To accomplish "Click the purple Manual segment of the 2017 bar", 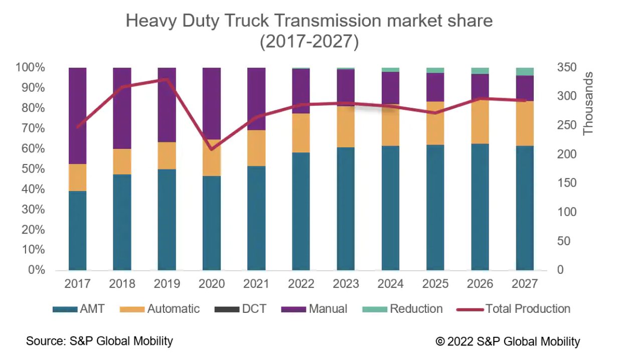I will [x=77, y=115].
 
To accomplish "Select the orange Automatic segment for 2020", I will [x=211, y=157].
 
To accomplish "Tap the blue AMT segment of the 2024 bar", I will [x=390, y=208].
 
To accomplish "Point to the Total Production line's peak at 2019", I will [x=167, y=79].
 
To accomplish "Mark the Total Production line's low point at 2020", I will [x=211, y=149].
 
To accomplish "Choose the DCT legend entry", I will [x=241, y=309].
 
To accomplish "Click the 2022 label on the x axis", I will [x=301, y=284].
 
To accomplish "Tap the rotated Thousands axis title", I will [x=588, y=103].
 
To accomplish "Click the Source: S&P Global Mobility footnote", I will [x=99, y=341].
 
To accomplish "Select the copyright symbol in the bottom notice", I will [x=440, y=342].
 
